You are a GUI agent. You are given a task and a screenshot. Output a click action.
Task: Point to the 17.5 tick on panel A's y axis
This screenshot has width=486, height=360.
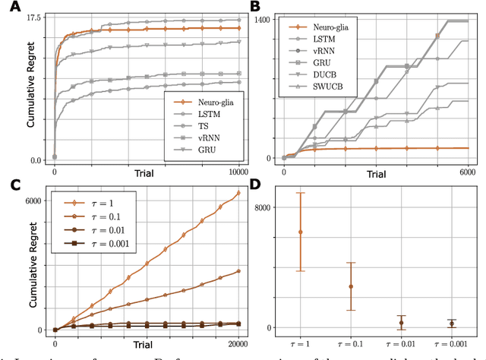[35, 17]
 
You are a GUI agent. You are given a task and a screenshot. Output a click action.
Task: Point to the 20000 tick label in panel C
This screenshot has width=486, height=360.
[238, 343]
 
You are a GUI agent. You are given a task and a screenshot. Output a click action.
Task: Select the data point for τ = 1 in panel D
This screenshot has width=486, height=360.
[301, 232]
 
